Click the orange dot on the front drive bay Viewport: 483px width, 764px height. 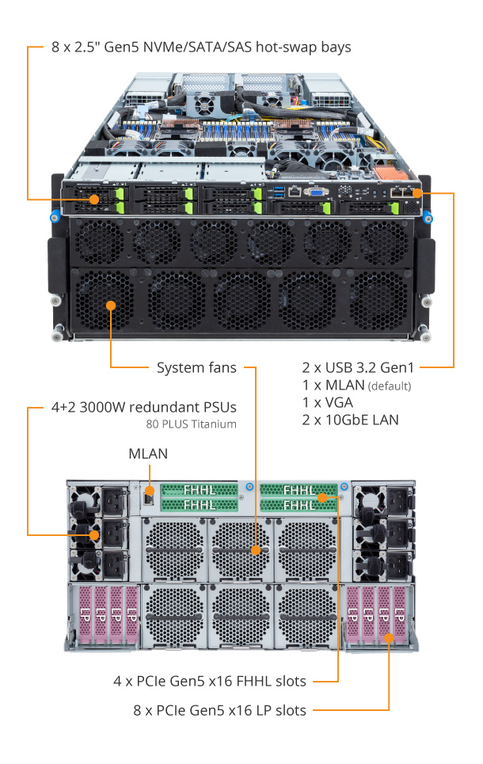[94, 199]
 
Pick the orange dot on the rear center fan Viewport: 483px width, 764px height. [256, 549]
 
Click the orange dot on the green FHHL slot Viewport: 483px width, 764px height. [324, 498]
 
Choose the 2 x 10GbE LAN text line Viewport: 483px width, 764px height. [351, 420]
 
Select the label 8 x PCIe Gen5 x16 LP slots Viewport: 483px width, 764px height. [219, 710]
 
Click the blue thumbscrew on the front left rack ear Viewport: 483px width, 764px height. [55, 216]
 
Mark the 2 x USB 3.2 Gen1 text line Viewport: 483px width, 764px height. [359, 368]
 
